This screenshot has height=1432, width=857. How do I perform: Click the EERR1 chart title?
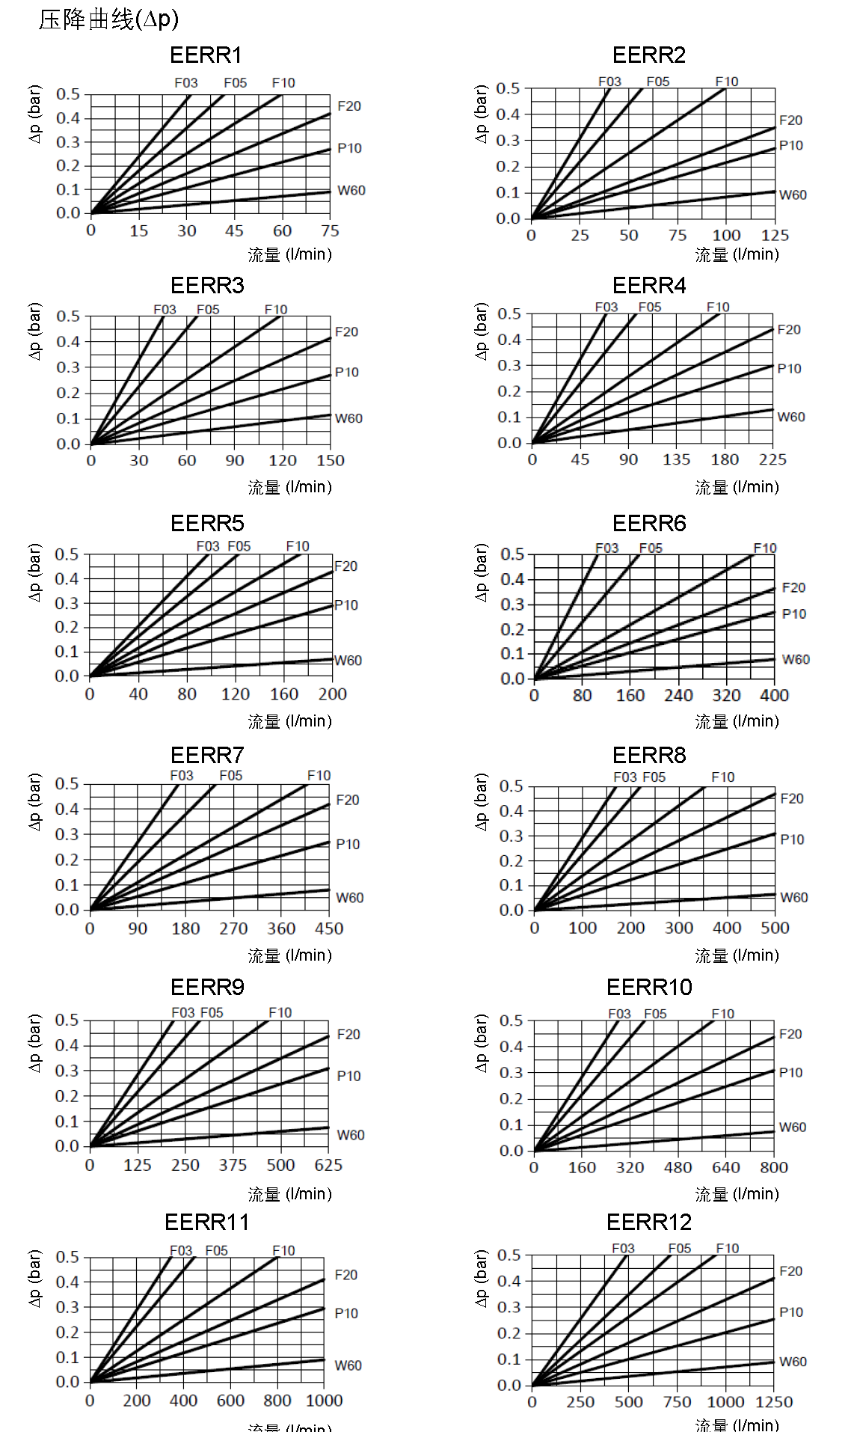point(206,55)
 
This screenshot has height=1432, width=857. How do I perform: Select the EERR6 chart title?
point(649,524)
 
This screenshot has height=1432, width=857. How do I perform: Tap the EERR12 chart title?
point(649,1223)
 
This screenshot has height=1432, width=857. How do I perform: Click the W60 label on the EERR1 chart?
point(351,191)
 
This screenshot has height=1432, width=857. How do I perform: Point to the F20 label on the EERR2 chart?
point(790,120)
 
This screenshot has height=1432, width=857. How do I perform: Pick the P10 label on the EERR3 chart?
point(347,373)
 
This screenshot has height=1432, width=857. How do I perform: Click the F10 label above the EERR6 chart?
point(765,548)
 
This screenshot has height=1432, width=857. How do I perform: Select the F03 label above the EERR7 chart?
point(182,776)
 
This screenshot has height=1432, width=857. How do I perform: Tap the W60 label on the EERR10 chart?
point(793,1127)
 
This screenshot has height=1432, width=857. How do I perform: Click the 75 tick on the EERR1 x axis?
point(330,231)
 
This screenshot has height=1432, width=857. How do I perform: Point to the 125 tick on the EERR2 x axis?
point(775,236)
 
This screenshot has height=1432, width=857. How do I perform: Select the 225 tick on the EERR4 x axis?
point(772,460)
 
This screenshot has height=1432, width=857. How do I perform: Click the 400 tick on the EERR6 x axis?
point(774,696)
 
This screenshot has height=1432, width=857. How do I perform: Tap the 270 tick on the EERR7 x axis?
point(233,929)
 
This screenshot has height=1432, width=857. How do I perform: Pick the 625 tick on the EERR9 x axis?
point(328,1166)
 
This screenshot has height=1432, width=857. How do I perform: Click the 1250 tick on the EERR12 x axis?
point(774,1402)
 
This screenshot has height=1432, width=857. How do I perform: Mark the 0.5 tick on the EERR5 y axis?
point(67,555)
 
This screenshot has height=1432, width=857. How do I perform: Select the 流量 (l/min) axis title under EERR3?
point(290,488)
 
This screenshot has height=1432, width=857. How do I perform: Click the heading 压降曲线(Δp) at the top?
point(109,19)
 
